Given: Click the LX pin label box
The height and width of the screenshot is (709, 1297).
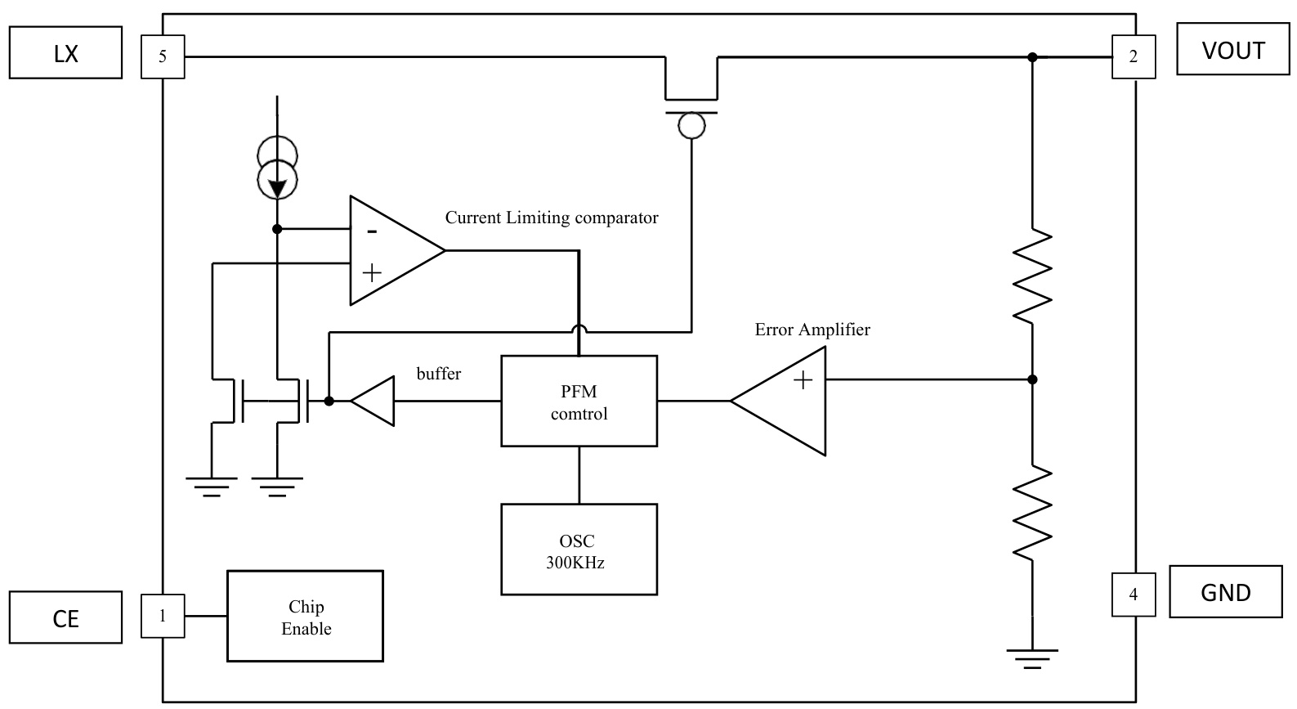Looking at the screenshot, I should (x=65, y=52).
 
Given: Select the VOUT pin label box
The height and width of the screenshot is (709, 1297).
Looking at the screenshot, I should (x=1232, y=50).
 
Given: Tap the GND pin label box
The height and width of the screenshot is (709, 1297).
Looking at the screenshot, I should (x=1225, y=591).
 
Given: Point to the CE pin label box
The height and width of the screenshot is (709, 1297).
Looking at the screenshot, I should (x=65, y=617).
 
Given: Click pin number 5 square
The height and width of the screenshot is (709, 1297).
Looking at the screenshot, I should (x=163, y=56).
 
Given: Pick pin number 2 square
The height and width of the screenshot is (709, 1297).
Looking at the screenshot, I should (x=1134, y=56).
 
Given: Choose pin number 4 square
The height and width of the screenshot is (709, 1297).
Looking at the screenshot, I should (x=1134, y=594).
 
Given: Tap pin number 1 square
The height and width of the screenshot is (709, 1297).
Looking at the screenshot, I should (x=163, y=616).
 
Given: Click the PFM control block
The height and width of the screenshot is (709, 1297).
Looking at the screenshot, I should (x=579, y=401).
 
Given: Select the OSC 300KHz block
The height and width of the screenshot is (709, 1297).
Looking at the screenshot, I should (x=579, y=550).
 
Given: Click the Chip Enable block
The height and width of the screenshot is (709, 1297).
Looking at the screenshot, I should (x=305, y=616).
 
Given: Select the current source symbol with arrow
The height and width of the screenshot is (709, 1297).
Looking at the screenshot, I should (x=278, y=168).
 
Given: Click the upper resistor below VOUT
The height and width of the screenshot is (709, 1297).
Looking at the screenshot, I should (x=1032, y=276).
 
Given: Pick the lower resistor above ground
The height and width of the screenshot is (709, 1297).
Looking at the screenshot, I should (x=1032, y=511).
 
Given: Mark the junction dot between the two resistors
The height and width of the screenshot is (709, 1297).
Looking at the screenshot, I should (x=1032, y=379).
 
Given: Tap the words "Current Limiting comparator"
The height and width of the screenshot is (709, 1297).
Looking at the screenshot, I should (x=552, y=218).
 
